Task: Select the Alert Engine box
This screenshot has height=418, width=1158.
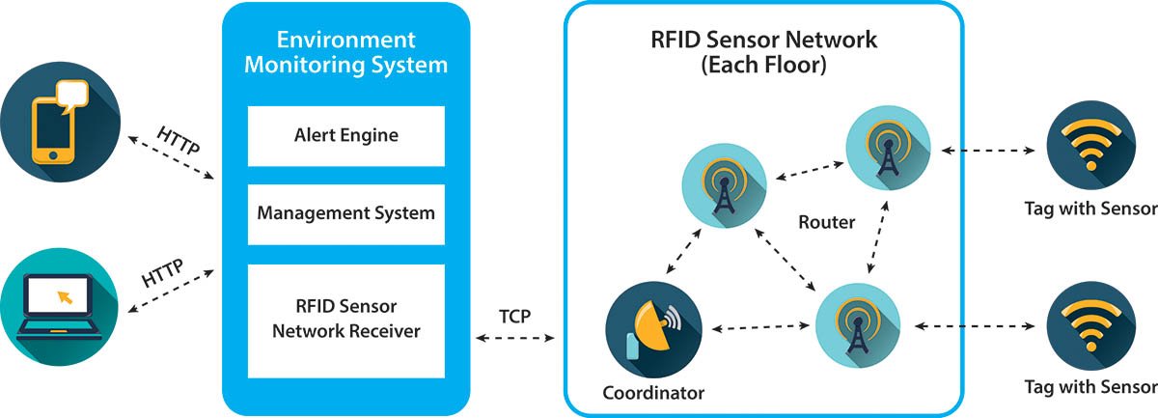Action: point(345,135)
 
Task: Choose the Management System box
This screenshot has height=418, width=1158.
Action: point(345,211)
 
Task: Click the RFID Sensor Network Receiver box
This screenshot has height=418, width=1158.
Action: point(345,320)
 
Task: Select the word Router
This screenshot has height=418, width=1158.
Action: point(826,223)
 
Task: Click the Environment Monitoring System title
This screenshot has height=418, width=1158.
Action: point(345,53)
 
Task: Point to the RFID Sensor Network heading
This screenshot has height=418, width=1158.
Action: point(763,41)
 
